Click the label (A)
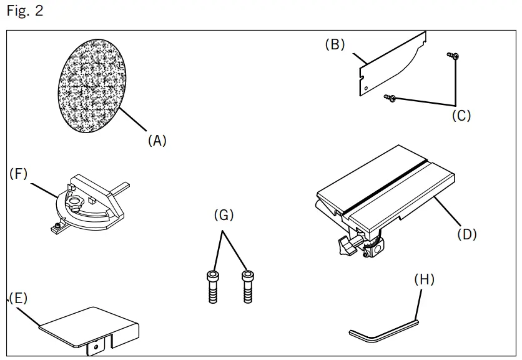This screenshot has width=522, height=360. click(x=157, y=141)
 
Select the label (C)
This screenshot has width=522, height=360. click(x=461, y=116)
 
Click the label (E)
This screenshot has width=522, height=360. click(x=18, y=298)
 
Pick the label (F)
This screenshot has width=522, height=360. click(x=19, y=174)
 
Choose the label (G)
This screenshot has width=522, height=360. click(x=224, y=216)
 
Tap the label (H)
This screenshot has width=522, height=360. click(x=424, y=280)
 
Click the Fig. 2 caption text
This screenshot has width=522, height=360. click(x=26, y=12)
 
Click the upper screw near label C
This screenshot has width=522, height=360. click(x=453, y=57)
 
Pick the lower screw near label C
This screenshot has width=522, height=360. click(x=390, y=97)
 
